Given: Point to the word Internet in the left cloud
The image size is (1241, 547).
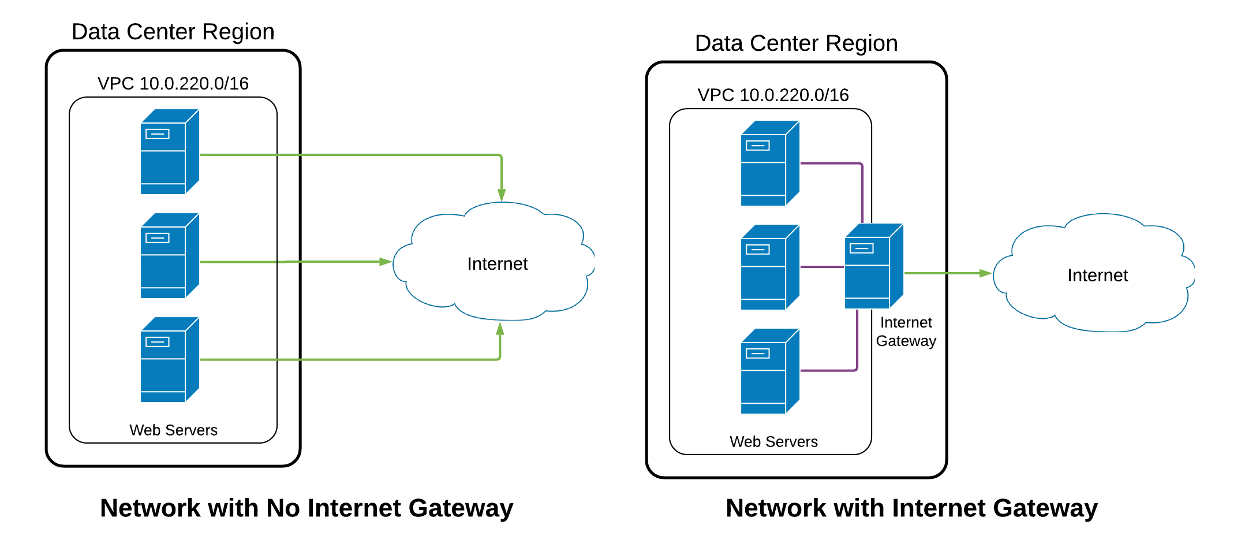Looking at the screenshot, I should click(x=497, y=264).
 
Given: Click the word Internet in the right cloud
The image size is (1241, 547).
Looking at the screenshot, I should click(x=1097, y=276).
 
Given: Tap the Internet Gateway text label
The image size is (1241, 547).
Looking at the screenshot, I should click(x=906, y=332).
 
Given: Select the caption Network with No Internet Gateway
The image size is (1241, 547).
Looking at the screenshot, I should click(x=306, y=508).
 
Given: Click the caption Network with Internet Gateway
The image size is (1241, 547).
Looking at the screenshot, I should click(x=911, y=508).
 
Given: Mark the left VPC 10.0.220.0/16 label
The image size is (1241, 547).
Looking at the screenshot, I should click(x=173, y=84).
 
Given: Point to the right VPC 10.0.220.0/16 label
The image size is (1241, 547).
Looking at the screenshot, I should click(x=773, y=95).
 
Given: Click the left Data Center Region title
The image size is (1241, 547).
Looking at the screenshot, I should click(x=173, y=32).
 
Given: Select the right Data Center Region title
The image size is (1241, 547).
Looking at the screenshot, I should click(x=796, y=43).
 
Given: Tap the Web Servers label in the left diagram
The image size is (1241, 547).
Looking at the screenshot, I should click(x=173, y=430).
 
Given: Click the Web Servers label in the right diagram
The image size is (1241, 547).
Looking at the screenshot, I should click(x=773, y=442).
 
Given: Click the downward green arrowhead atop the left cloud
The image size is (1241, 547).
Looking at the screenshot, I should click(x=502, y=195).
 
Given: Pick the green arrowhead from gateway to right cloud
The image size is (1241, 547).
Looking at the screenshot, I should click(x=985, y=273).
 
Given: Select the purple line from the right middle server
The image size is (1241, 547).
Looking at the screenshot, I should click(x=822, y=267).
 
